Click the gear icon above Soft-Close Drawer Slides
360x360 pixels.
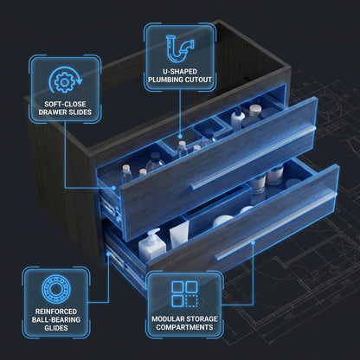tap(65, 82)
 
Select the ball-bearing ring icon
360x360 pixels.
tap(56, 289)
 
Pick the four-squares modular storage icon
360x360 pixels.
tap(184, 294)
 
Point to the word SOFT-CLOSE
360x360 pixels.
tap(65, 104)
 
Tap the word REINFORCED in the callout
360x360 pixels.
tap(56, 312)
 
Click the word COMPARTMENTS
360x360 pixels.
tap(184, 327)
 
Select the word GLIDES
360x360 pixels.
tap(56, 328)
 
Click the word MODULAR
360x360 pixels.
tap(168, 319)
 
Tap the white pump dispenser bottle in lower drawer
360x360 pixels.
tap(151, 245)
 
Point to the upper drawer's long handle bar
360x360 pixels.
tap(254, 157)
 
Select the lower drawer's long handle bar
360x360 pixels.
tap(276, 226)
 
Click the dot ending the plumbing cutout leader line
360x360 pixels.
tap(180, 137)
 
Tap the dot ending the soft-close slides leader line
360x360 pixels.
tap(113, 188)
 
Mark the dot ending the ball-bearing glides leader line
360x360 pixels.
tap(109, 254)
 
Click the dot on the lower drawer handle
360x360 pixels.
tap(253, 243)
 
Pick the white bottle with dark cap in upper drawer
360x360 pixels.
tap(238, 118)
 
